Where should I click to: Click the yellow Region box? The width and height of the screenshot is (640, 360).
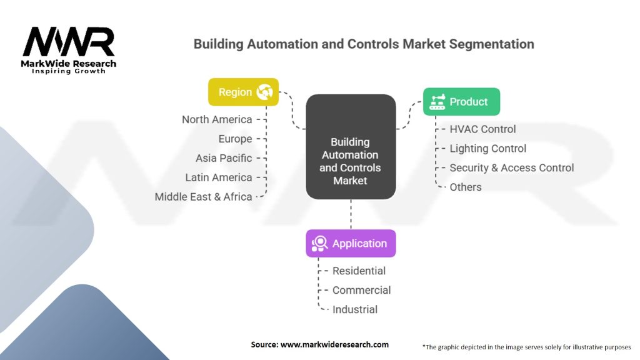pos(243,92)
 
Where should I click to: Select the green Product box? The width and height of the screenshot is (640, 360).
pos(461,102)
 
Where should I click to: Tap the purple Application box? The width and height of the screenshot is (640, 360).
pos(351,243)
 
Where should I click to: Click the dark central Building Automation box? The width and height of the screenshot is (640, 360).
pos(351,147)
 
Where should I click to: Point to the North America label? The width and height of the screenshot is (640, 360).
pos(217,119)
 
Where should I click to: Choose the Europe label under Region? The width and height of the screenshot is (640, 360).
pos(235,139)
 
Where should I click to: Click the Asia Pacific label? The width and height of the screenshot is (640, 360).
pos(224,158)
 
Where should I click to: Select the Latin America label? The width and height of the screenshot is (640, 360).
pos(218,177)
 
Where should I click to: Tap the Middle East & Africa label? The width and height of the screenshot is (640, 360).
pos(203,197)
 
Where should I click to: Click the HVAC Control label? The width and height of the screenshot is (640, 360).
pos(482,129)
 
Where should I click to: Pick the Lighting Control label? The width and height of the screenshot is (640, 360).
pos(487,149)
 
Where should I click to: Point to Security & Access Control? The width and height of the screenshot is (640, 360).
pos(511,167)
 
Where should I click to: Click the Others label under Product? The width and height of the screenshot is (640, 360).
pos(465,187)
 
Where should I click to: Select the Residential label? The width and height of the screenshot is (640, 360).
pos(359,271)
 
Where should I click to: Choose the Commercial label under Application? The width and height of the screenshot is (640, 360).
pos(361,290)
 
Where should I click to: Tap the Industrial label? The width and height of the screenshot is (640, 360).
pos(355,309)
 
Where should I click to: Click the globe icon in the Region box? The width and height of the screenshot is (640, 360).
pos(264,92)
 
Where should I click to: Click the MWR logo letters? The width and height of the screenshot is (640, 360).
pos(69,42)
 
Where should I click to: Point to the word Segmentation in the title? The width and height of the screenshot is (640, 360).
pos(491,44)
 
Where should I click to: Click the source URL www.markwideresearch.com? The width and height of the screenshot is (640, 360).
pos(334,344)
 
